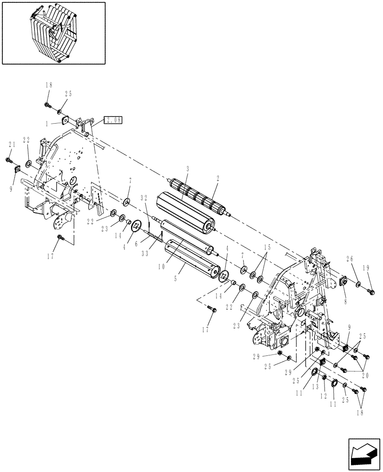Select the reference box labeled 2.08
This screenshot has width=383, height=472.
(113, 120)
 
